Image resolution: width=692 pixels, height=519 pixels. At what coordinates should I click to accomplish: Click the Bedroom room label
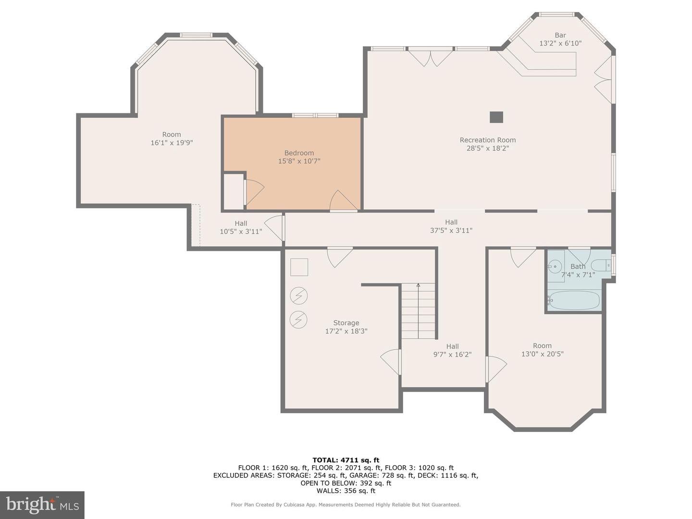299,153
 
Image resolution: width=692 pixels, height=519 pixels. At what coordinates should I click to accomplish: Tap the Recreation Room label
487,140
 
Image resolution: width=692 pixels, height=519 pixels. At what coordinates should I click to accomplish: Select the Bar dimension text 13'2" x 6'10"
560,43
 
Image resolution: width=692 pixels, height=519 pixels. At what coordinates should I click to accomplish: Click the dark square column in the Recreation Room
496,117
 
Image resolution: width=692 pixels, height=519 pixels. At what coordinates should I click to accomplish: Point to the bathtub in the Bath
574,300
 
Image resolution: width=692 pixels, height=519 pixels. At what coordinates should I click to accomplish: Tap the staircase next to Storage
418,311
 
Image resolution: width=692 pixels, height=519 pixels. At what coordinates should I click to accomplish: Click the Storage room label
346,323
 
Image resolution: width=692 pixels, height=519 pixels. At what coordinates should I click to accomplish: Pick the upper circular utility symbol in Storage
298,296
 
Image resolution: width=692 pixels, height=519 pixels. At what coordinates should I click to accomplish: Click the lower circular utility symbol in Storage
298,319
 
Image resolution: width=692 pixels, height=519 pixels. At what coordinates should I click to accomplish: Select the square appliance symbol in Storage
299,267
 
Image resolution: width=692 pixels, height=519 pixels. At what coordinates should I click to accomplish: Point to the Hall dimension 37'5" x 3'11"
451,230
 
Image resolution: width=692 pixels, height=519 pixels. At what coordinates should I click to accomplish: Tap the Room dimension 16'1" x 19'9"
172,143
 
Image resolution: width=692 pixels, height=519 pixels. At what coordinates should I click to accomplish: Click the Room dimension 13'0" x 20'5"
542,354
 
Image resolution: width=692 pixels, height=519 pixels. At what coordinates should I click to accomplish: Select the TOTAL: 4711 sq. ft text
346,460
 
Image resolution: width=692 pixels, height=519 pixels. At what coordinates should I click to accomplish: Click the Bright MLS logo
42,505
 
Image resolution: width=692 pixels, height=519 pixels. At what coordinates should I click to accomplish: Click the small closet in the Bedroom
234,192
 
